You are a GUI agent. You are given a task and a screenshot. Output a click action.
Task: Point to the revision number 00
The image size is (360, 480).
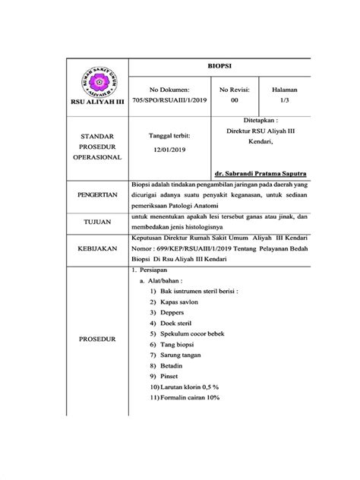pyautogui.click(x=234, y=99)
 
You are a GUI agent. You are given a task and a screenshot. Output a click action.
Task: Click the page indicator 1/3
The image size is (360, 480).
pyautogui.click(x=285, y=99)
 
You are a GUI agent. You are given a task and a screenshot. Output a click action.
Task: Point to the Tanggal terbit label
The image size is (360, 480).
pyautogui.click(x=169, y=135)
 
